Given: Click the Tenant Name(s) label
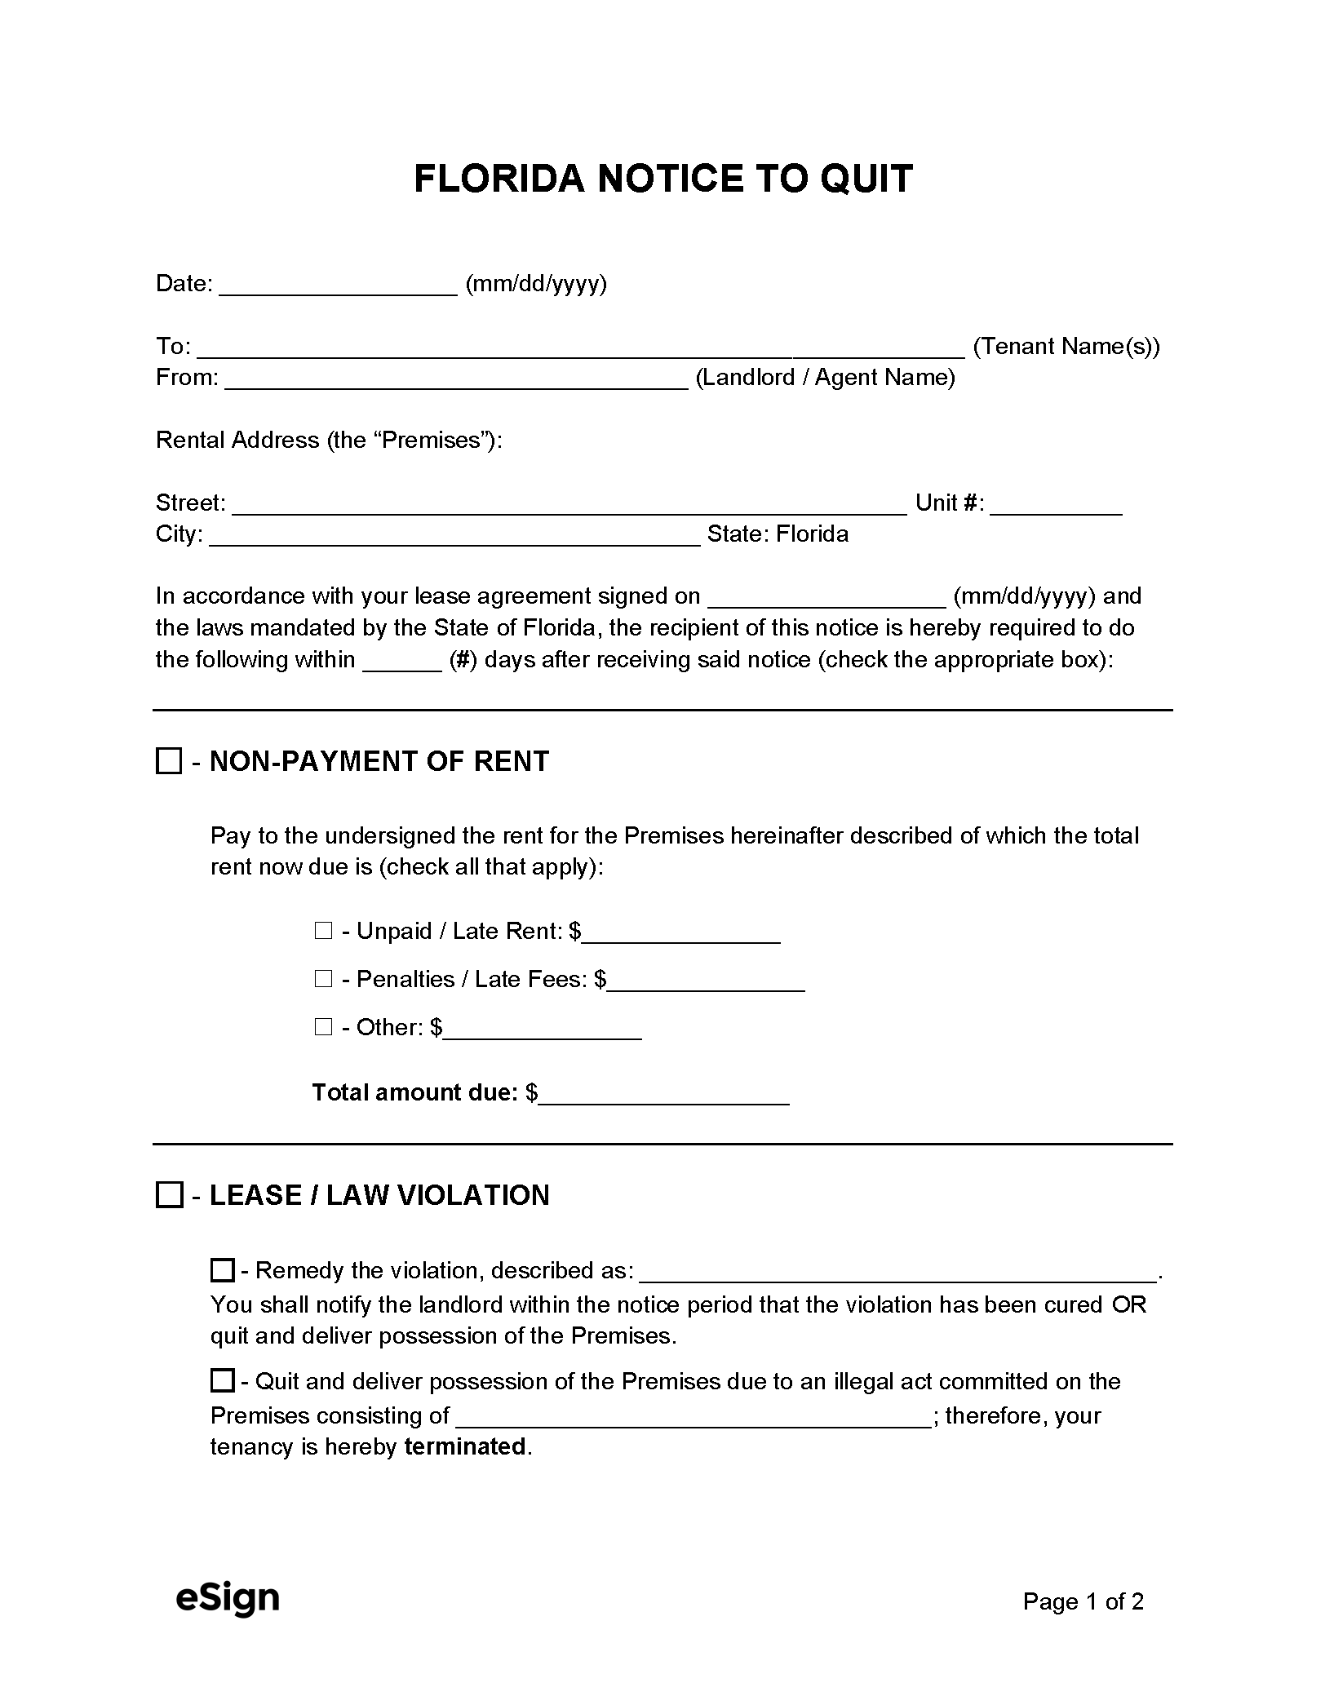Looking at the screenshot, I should (1066, 347).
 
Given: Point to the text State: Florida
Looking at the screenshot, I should (778, 534).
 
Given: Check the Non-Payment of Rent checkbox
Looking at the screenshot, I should (169, 762).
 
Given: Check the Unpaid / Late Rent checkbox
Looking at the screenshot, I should (323, 931).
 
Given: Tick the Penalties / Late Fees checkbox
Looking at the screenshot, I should (323, 979).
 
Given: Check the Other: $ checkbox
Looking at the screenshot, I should (323, 1027).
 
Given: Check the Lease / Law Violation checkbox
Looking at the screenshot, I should (169, 1196).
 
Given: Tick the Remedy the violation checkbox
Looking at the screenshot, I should (222, 1270).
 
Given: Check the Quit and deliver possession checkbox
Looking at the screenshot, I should (222, 1381).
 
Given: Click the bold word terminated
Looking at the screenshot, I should (465, 1447).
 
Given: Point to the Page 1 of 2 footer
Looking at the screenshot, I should (1083, 1601).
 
